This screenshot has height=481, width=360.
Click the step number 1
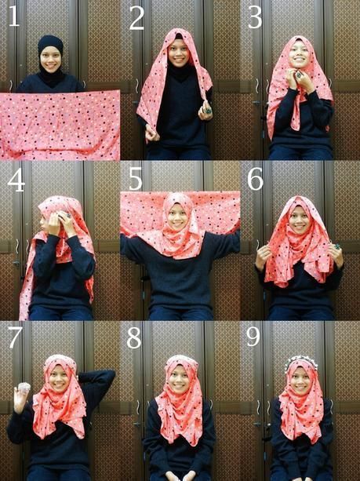pos(14,16)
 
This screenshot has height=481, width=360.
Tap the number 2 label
pos(136,18)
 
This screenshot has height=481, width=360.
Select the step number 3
pos(255,17)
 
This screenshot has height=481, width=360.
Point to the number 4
pos(16,180)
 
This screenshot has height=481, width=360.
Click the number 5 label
pos(136,180)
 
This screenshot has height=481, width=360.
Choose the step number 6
pos(255,180)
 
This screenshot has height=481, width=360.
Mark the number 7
pos(15,338)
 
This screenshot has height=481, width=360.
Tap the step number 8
pos(135,338)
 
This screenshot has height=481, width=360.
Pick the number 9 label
pos(253,337)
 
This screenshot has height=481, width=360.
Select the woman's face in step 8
pos(180,379)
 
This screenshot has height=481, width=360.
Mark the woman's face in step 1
pos(50,60)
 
